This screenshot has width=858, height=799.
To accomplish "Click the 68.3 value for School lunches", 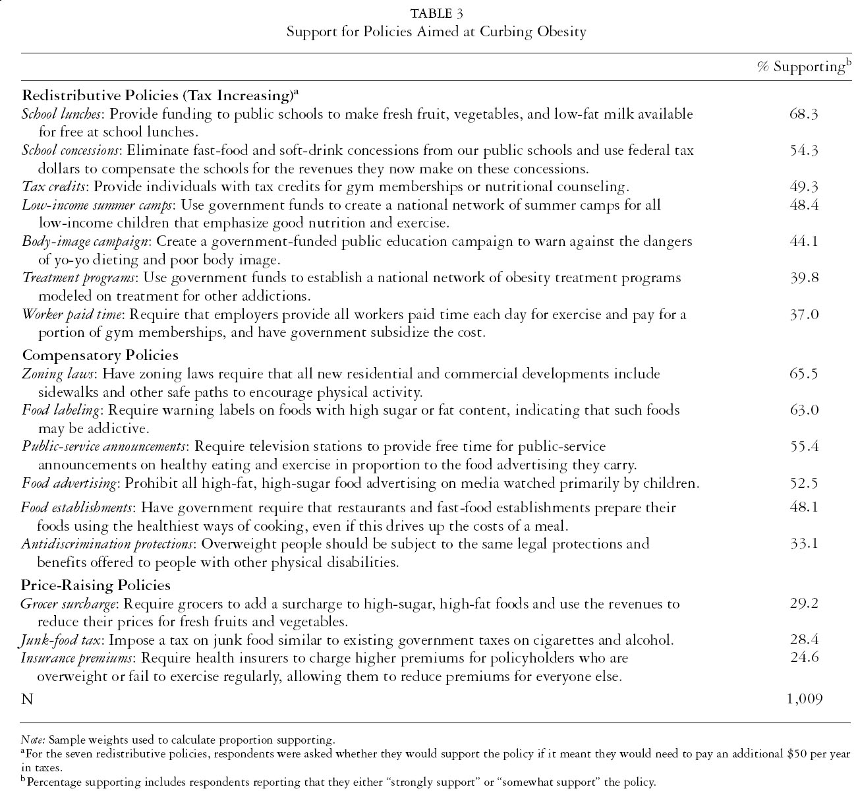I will [803, 114].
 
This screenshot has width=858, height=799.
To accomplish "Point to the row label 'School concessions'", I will [70, 150].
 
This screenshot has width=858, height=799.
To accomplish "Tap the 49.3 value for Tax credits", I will [803, 187].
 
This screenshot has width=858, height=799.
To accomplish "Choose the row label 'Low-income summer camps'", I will [98, 205].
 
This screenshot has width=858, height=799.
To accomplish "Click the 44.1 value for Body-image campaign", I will [803, 241].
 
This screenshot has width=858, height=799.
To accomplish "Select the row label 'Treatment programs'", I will [79, 278].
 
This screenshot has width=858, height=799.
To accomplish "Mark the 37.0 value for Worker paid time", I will [803, 314].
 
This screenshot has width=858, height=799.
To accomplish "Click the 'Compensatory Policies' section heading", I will [100, 355].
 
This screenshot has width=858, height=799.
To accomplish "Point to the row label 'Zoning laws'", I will [59, 374].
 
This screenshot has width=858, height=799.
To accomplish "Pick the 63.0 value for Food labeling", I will [803, 410].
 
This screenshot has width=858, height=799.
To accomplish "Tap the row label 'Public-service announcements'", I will [103, 446].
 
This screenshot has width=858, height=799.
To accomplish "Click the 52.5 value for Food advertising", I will [803, 483].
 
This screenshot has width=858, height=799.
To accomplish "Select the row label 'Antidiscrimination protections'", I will [107, 544].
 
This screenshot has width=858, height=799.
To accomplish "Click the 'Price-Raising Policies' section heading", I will [96, 585].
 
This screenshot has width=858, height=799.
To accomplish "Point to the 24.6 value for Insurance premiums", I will [803, 658].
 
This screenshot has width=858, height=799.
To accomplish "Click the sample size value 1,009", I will [804, 699].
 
